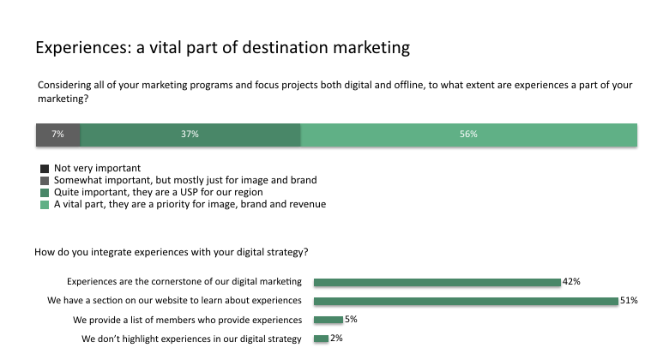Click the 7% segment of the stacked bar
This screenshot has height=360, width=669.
57,135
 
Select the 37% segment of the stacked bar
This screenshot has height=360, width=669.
190,135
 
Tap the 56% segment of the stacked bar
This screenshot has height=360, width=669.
468,135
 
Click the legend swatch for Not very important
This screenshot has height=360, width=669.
45,169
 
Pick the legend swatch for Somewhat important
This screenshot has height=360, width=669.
45,181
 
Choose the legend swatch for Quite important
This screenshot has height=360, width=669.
45,193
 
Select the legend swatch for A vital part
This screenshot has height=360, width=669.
45,205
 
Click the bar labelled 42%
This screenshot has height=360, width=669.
437,281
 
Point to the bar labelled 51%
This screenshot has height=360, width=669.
466,301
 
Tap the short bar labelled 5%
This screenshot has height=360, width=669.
328,320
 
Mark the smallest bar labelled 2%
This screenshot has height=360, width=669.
321,339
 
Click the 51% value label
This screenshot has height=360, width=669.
629,301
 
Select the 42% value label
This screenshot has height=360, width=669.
571,281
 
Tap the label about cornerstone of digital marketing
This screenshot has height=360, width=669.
184,281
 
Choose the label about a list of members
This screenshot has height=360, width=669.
188,320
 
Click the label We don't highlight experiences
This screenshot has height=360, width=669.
191,339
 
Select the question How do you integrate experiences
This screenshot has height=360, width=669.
172,252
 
